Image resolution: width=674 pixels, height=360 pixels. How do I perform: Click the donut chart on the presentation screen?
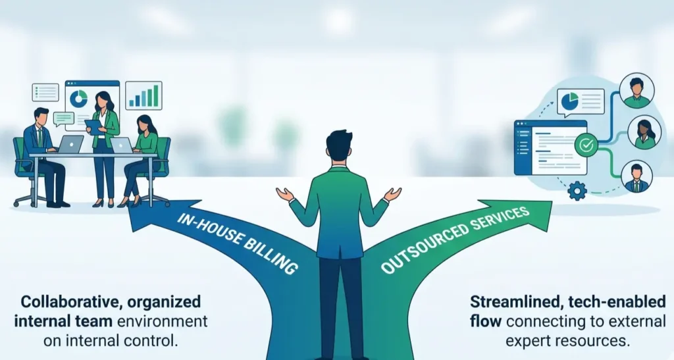tap(78, 99)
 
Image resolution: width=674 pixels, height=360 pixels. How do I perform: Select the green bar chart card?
tap(143, 95)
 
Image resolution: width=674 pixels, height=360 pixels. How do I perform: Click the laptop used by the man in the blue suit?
tap(70, 144)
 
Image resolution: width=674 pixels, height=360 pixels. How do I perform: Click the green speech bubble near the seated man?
tap(63, 118)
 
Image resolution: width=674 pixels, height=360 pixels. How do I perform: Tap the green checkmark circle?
tap(584, 144)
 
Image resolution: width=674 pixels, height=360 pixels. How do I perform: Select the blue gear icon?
tap(577, 191)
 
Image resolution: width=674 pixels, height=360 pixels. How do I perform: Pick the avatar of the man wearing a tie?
tap(636, 176)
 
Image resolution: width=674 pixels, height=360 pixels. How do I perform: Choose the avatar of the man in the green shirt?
tap(636, 90)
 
